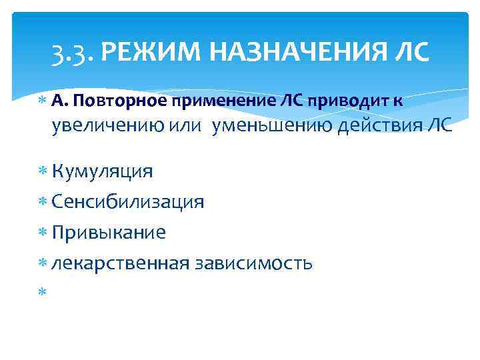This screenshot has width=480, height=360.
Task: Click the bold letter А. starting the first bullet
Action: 59,101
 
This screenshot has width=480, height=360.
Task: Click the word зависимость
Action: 253,263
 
